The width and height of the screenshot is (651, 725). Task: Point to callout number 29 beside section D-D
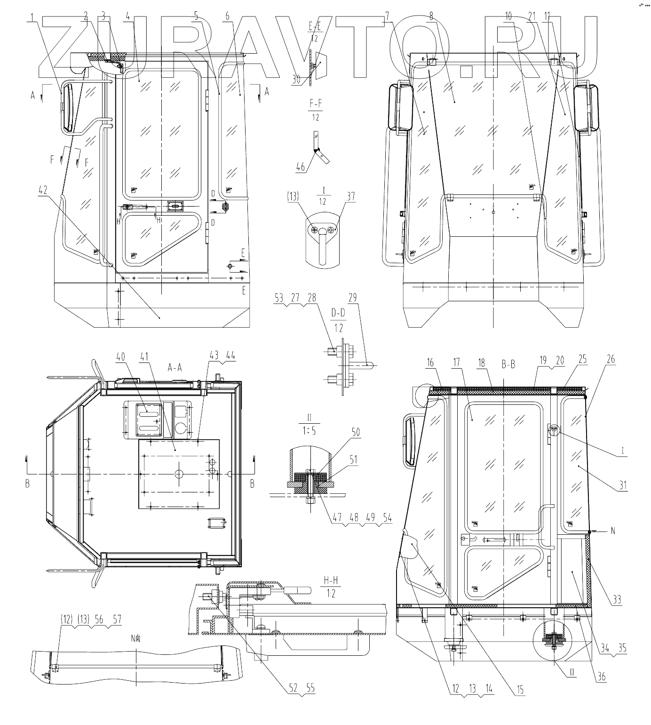352,298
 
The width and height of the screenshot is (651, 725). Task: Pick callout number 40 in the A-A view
121,357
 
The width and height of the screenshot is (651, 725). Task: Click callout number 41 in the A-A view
144,357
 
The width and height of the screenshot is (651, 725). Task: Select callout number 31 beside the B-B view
623,486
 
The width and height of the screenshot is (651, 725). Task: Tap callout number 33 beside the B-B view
617,600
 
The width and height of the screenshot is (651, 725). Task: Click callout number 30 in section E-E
296,80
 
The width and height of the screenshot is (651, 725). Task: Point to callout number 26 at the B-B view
611,360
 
